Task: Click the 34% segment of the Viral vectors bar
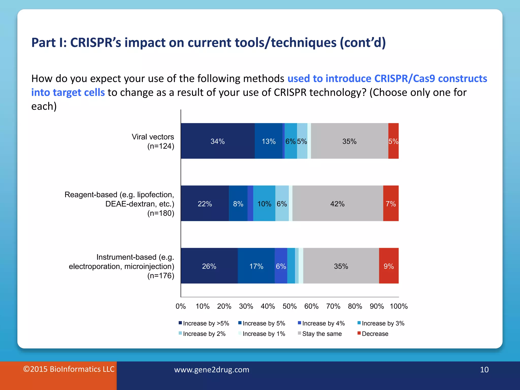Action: click(x=218, y=141)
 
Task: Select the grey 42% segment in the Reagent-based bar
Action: click(x=337, y=204)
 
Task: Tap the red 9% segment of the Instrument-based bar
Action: click(x=388, y=266)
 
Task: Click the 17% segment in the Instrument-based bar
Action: click(x=256, y=266)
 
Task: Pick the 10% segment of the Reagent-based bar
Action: click(x=264, y=204)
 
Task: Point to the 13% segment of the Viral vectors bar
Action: click(x=268, y=141)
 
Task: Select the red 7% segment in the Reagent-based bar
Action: click(x=391, y=204)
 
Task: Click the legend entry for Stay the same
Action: click(x=321, y=334)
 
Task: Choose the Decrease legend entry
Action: click(x=375, y=334)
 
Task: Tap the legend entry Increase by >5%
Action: click(x=206, y=323)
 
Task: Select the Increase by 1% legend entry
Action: click(x=264, y=334)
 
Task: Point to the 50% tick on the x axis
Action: click(x=289, y=306)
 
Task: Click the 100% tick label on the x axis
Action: click(x=399, y=306)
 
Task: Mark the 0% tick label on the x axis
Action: click(x=181, y=306)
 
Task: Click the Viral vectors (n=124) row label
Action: click(x=153, y=141)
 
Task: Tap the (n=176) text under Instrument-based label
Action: click(x=161, y=275)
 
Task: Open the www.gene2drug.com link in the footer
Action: click(x=212, y=369)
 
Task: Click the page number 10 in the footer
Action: click(x=484, y=369)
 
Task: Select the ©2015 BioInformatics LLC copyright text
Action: click(x=69, y=369)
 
